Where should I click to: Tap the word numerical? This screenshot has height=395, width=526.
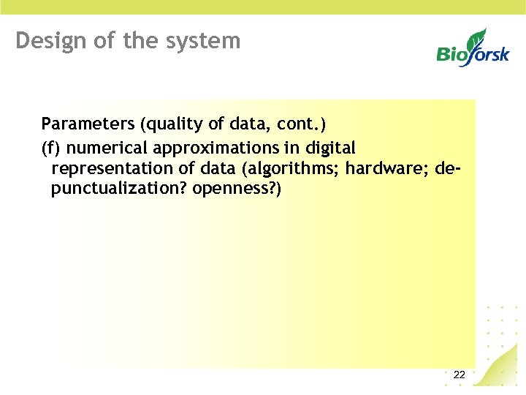[x=102, y=148]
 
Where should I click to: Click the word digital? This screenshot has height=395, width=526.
[x=329, y=148]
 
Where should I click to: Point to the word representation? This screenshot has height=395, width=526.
[x=113, y=169]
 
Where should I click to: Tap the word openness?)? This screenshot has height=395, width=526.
[x=237, y=189]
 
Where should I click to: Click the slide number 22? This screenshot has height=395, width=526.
[x=459, y=375]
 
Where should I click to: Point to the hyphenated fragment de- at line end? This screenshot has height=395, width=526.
[x=449, y=168]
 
